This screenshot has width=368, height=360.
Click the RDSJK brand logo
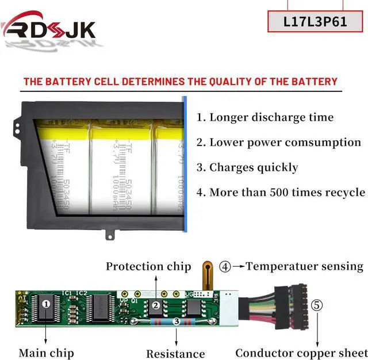tap(48, 28)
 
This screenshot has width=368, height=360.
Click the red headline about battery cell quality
tap(180, 81)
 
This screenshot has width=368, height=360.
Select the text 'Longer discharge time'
tap(271, 117)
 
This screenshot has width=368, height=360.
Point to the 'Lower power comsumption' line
tap(285, 142)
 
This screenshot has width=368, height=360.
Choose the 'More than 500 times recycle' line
tap(287, 192)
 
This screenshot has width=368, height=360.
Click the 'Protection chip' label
tap(148, 266)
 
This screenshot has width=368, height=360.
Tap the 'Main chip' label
tap(46, 353)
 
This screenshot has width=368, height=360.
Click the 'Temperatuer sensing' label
tap(305, 266)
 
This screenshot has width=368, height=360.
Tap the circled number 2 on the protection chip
tap(155, 305)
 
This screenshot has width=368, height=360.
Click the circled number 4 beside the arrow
tap(225, 266)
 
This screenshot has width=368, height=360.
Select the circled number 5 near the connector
tap(317, 304)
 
